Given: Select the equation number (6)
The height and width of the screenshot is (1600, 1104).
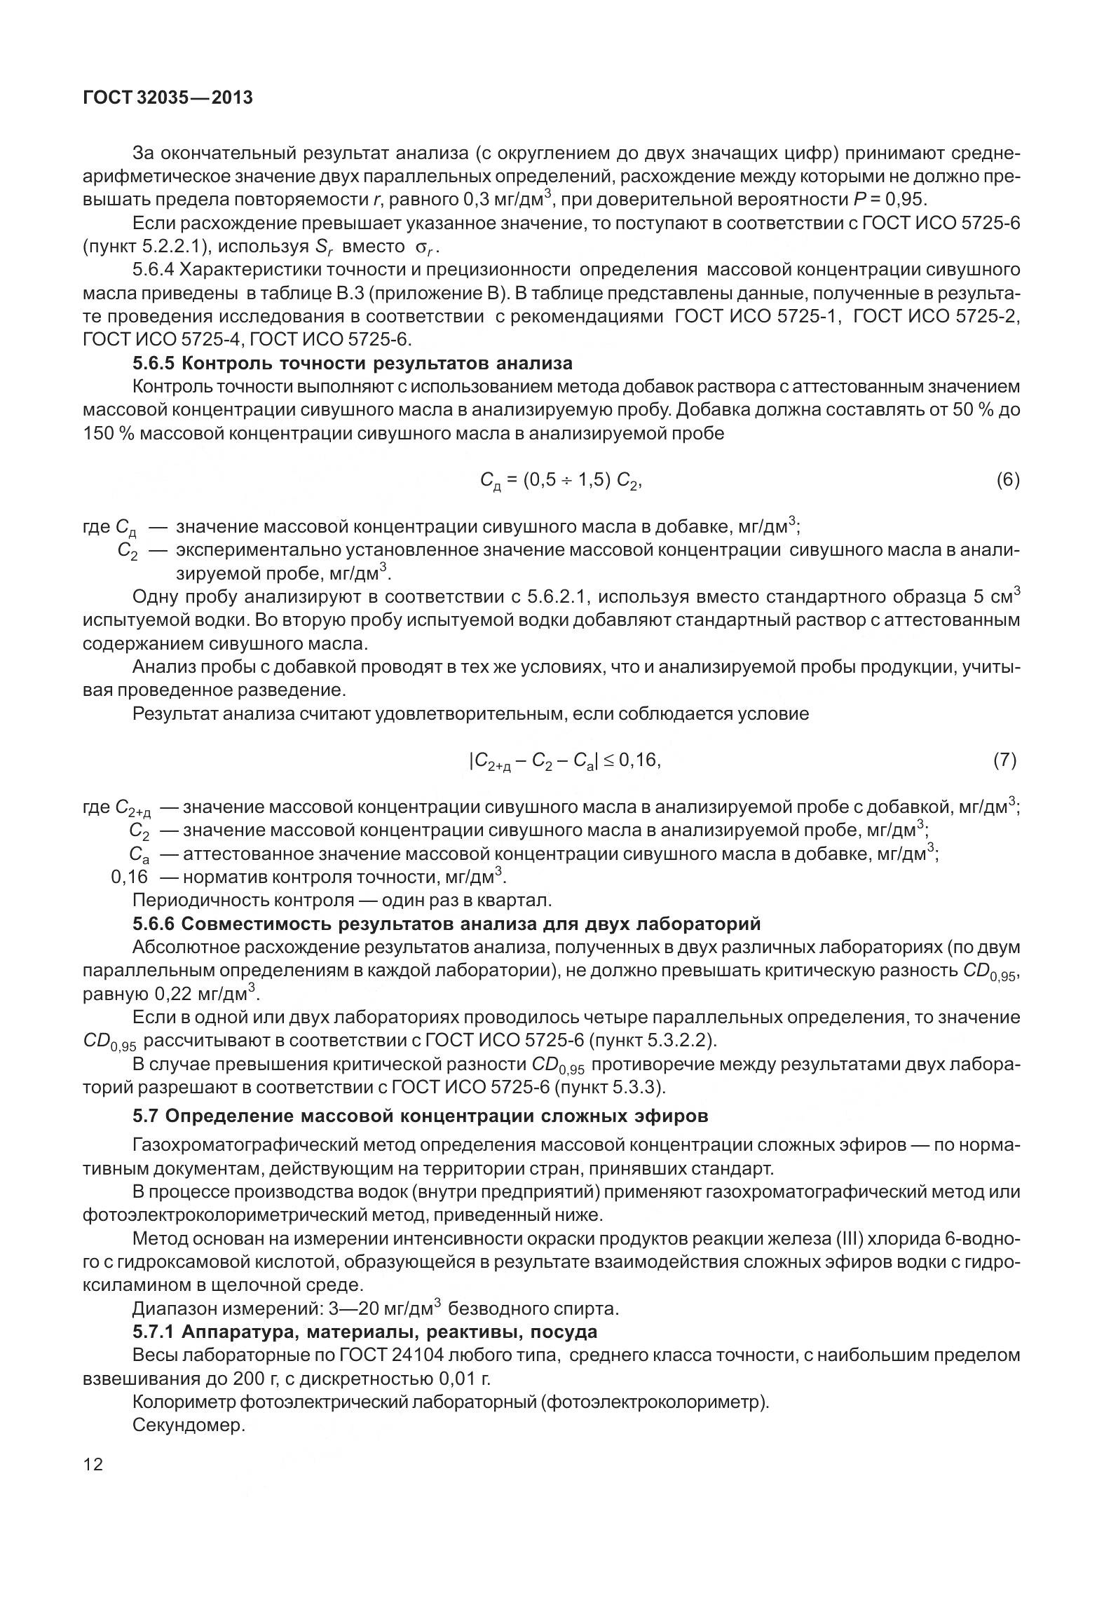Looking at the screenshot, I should click(x=1007, y=480).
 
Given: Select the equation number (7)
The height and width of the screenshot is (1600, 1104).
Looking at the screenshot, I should click(x=1004, y=760).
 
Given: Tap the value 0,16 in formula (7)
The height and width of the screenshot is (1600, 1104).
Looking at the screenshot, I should click(x=639, y=760).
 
